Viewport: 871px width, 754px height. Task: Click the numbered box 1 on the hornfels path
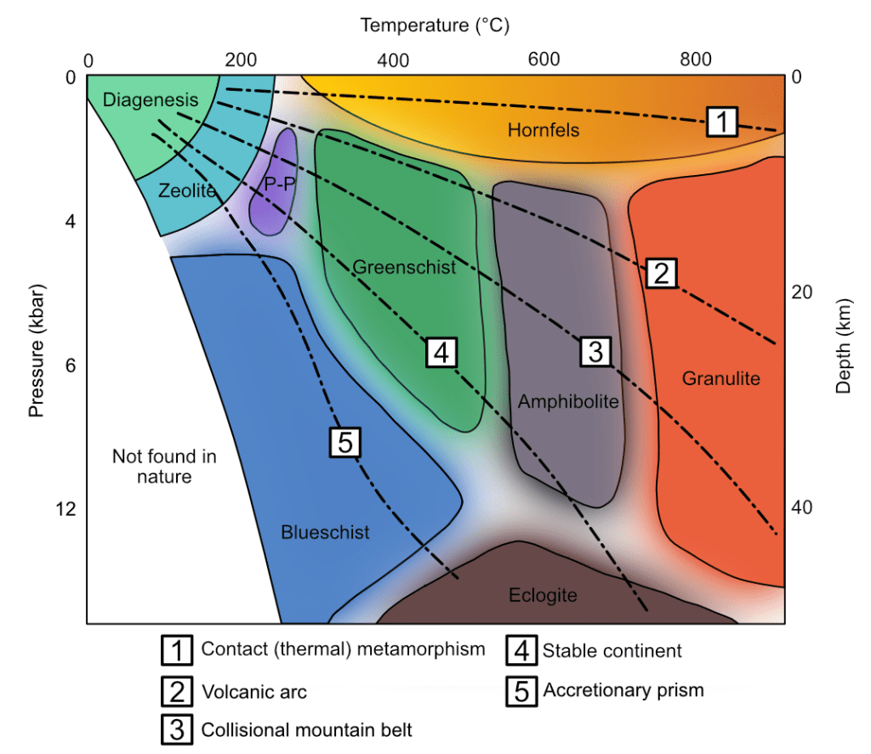(722, 122)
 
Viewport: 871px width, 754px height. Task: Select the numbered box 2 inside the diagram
(662, 273)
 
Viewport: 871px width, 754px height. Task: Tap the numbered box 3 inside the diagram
(595, 351)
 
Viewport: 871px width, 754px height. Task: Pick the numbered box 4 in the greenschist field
(441, 352)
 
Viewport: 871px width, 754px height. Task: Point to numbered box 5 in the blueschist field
(345, 443)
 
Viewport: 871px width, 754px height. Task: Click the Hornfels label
(544, 130)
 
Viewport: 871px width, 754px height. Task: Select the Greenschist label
(404, 267)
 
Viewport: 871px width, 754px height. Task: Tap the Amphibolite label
(568, 401)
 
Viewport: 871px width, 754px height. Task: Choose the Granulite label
(721, 378)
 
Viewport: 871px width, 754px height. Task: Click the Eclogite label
(543, 595)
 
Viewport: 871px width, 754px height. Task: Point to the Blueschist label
(325, 532)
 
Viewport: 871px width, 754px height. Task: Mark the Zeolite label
(187, 190)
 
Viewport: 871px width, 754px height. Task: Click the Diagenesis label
(151, 99)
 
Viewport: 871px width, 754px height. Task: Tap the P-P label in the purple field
(279, 184)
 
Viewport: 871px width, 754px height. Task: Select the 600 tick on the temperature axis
(544, 59)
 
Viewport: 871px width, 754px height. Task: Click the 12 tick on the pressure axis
(65, 508)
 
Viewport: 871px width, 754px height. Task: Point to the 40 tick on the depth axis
(801, 507)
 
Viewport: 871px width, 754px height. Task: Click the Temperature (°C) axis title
(435, 25)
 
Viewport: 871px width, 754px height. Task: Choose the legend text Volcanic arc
(253, 692)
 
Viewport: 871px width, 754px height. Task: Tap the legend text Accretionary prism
(623, 690)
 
